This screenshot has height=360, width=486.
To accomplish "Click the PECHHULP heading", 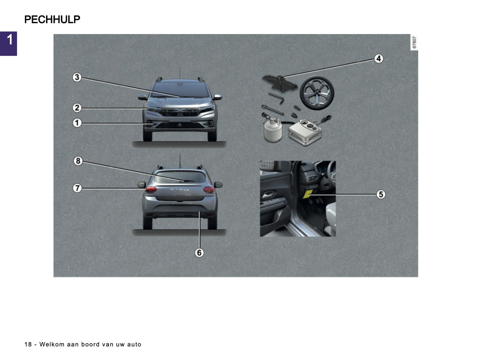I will (52, 20).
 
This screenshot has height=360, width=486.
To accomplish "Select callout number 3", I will (77, 77).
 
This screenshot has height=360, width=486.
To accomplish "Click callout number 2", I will (77, 108).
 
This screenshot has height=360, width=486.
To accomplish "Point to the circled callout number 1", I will (77, 123).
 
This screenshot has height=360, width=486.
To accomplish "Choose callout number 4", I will (379, 59).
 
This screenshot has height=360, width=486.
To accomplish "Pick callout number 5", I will (381, 194).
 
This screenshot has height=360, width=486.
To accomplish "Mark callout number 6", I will (199, 252).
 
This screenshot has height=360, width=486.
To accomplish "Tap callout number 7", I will (77, 188).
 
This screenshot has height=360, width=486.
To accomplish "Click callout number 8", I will (78, 161).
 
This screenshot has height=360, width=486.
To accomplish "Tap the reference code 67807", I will (414, 42).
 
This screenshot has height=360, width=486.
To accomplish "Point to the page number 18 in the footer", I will (28, 344).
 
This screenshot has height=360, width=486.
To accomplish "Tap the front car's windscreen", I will (180, 89).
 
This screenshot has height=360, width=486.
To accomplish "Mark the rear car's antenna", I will (180, 161).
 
